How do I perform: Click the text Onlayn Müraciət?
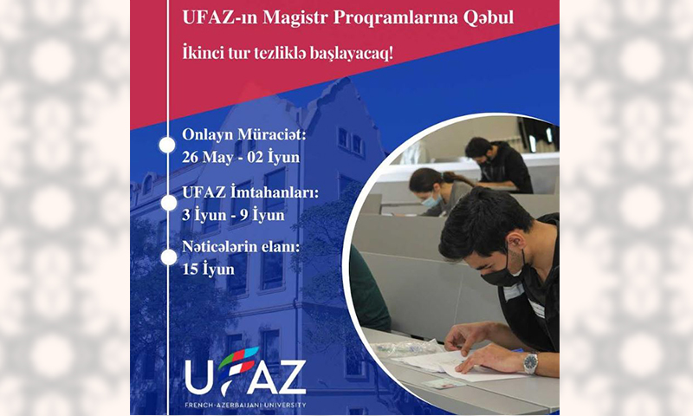(243, 134)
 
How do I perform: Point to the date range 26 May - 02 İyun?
(241, 158)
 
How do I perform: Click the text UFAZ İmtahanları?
(250, 192)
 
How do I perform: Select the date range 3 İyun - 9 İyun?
(233, 215)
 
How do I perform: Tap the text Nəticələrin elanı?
(241, 247)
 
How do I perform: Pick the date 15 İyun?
(208, 270)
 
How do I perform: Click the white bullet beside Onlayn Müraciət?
(167, 145)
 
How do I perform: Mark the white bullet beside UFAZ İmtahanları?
(168, 203)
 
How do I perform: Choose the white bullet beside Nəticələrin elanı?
(168, 257)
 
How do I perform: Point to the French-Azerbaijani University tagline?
(245, 405)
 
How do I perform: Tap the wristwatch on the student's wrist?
(531, 363)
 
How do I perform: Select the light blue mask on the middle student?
(430, 202)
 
